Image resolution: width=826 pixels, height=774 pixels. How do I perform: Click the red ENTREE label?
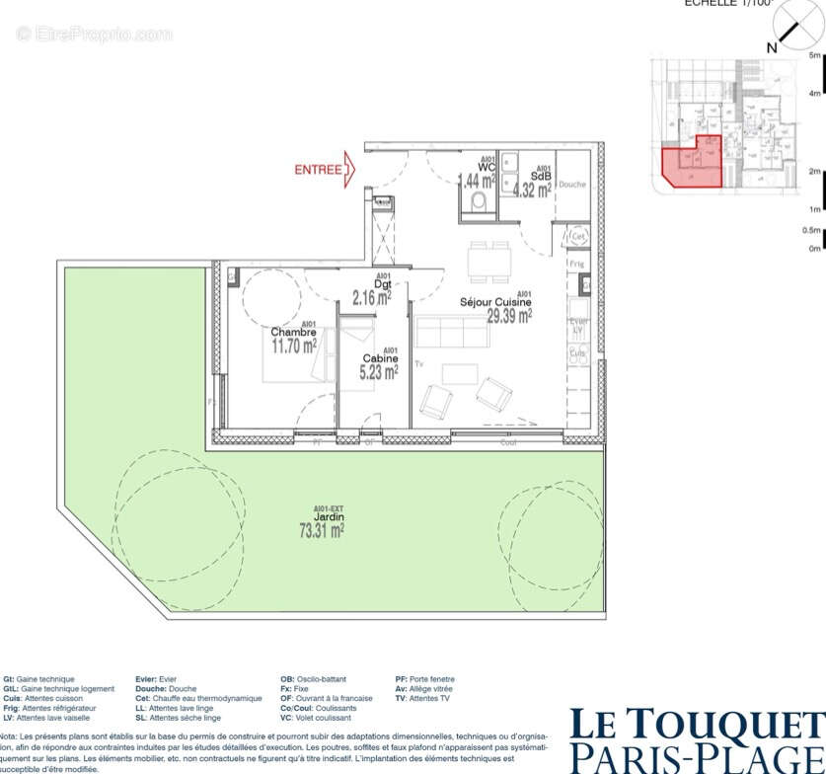[x=318, y=170]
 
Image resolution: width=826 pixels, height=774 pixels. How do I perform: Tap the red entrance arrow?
[x=349, y=171]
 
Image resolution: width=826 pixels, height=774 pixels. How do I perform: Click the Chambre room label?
[x=293, y=333]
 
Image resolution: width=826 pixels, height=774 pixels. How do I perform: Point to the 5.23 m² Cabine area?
[x=380, y=371]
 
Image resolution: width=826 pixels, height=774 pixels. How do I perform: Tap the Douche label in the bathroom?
[x=572, y=185]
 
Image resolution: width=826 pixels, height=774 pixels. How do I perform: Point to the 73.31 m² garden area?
[x=322, y=531]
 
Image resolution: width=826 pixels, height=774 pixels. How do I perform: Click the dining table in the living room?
[x=490, y=261]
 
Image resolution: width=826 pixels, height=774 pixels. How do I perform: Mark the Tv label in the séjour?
[x=419, y=364]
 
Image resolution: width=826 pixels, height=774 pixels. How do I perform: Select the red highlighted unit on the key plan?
[x=691, y=163]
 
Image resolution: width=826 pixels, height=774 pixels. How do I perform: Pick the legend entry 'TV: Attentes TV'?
[x=422, y=698]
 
